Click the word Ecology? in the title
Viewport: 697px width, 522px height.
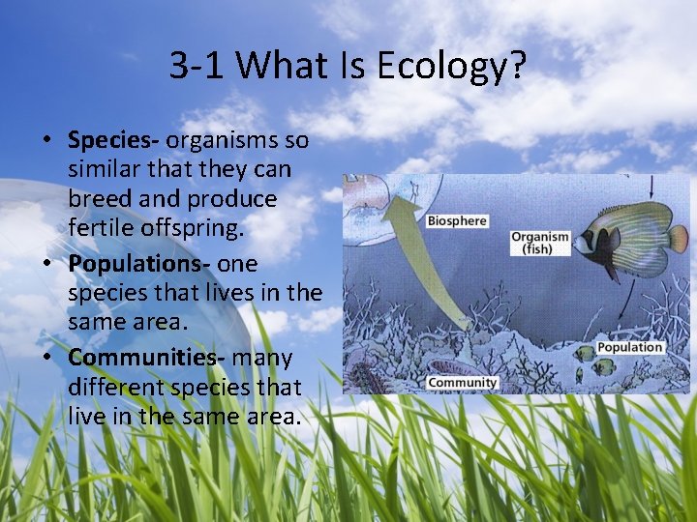451,65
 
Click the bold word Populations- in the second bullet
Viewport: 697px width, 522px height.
139,263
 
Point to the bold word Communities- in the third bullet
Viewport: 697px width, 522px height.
146,357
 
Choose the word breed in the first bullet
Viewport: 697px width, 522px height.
101,199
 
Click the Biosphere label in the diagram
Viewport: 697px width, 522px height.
457,220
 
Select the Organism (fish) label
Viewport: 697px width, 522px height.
539,243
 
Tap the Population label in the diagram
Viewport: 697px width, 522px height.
630,347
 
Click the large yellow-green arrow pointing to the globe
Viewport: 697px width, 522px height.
431,261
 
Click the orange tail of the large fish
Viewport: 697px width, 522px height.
679,238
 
